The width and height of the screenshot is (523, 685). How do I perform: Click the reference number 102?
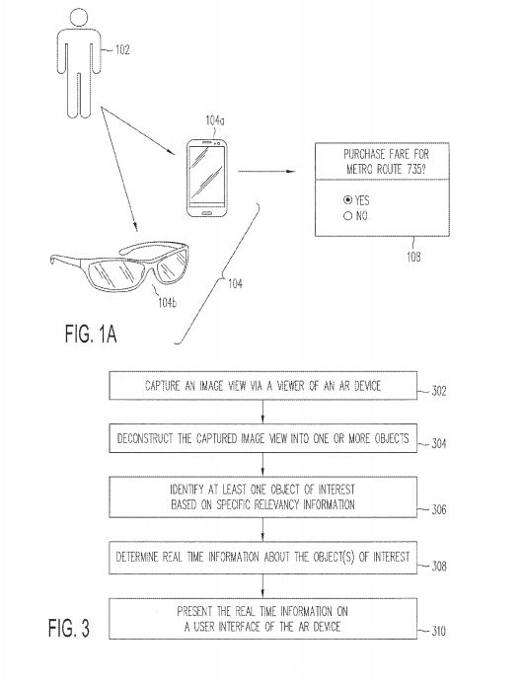pyautogui.click(x=122, y=49)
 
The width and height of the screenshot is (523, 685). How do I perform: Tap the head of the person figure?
pyautogui.click(x=79, y=17)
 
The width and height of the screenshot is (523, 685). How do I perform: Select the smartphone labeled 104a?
pyautogui.click(x=206, y=178)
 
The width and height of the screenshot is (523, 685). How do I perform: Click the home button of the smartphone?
pyautogui.click(x=206, y=213)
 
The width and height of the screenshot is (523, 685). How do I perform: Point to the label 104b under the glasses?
pyautogui.click(x=168, y=302)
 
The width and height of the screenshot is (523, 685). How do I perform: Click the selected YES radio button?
pyautogui.click(x=347, y=200)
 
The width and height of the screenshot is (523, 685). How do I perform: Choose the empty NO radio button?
pyautogui.click(x=347, y=215)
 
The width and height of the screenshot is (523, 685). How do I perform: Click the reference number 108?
pyautogui.click(x=413, y=257)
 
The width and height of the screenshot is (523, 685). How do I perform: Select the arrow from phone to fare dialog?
pyautogui.click(x=266, y=172)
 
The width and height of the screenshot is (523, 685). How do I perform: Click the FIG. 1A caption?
pyautogui.click(x=91, y=335)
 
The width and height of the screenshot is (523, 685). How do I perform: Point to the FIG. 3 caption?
pyautogui.click(x=69, y=628)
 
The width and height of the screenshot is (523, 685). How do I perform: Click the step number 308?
pyautogui.click(x=439, y=567)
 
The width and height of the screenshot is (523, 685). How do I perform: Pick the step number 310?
pyautogui.click(x=438, y=631)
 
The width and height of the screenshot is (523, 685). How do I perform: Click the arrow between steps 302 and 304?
pyautogui.click(x=262, y=412)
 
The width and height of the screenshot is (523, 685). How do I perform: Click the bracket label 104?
pyautogui.click(x=235, y=284)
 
